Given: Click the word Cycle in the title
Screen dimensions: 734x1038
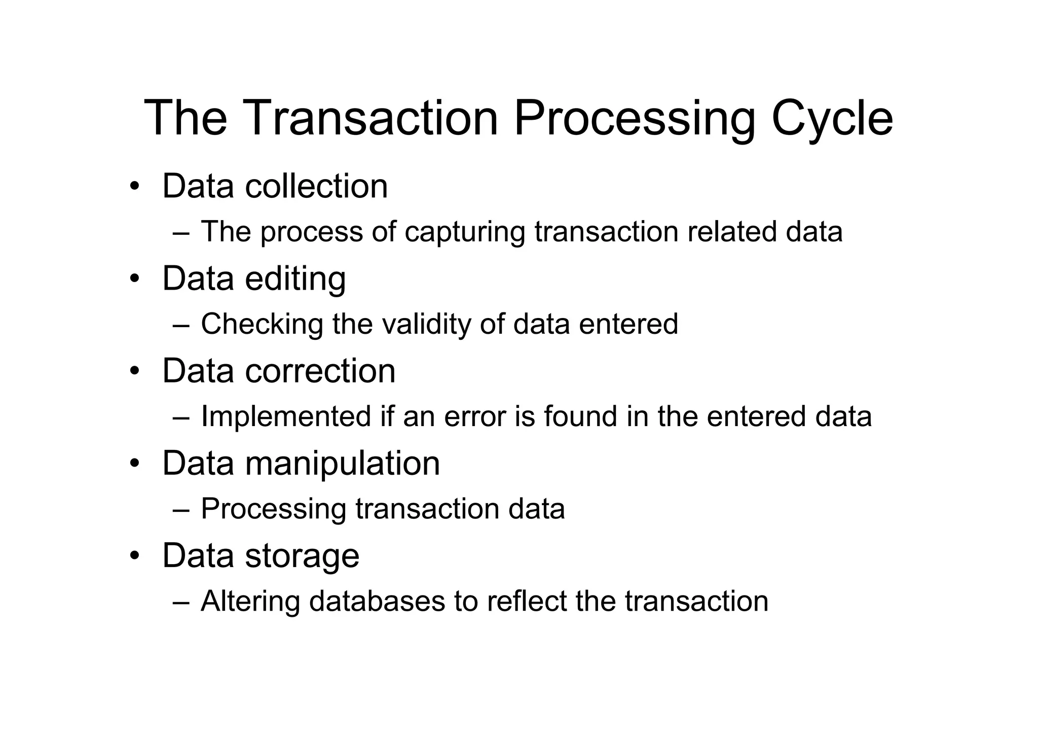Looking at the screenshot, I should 832,118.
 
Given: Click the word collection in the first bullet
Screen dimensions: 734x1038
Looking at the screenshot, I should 316,186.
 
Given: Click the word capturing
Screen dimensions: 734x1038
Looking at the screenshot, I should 465,232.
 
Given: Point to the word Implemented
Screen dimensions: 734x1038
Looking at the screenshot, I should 286,416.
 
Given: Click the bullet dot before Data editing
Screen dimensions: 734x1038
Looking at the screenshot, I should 134,279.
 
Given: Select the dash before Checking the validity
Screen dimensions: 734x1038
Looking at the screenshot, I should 181,325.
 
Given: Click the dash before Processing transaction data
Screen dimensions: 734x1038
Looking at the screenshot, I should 181,510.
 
